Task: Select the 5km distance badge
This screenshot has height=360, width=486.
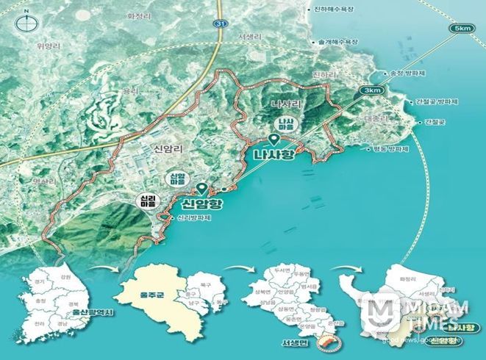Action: pos(462,29)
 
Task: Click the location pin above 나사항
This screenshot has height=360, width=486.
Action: pos(273,140)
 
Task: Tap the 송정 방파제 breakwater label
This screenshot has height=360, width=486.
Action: pos(407,73)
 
